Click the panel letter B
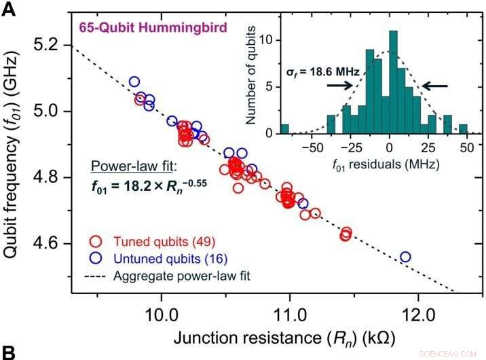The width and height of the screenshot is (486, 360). coord(7,352)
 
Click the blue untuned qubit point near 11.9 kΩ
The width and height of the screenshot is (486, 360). coord(405,257)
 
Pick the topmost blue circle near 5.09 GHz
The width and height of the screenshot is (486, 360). coord(134,82)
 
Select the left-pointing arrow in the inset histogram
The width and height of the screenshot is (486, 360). coord(435,86)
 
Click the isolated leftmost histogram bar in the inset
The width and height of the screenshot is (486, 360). coord(284,128)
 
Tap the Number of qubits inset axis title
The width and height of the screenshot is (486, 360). coord(252,75)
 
